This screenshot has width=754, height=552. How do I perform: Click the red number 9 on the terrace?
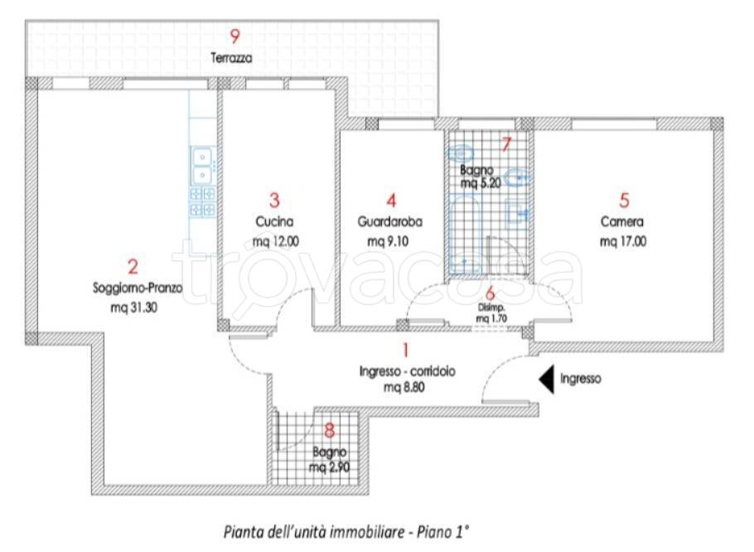coord(234,36)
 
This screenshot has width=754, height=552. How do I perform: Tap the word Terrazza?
coord(231,58)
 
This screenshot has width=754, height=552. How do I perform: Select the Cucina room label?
coord(274,221)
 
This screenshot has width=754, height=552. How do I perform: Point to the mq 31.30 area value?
coord(134,307)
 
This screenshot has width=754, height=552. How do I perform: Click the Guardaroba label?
coord(390,221)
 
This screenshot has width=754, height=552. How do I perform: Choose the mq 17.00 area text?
coord(623,241)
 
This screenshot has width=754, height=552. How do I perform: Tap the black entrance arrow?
coord(547,380)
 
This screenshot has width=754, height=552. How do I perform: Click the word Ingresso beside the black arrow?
coord(580,379)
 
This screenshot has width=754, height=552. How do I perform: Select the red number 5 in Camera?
coord(624,200)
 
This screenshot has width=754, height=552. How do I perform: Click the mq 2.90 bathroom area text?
coord(330,467)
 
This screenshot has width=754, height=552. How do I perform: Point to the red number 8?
coord(330,430)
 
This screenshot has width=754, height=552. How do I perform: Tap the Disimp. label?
coord(491,307)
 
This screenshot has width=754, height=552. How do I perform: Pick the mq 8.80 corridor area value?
coord(404,388)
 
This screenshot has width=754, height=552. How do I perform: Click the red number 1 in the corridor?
coord(406,350)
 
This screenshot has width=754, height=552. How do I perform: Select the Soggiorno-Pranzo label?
coord(138,288)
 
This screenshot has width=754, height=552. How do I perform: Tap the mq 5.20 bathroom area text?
coord(481,183)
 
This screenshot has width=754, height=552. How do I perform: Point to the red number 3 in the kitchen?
coord(274,200)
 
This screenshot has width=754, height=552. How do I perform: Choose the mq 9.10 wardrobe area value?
coord(388,241)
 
